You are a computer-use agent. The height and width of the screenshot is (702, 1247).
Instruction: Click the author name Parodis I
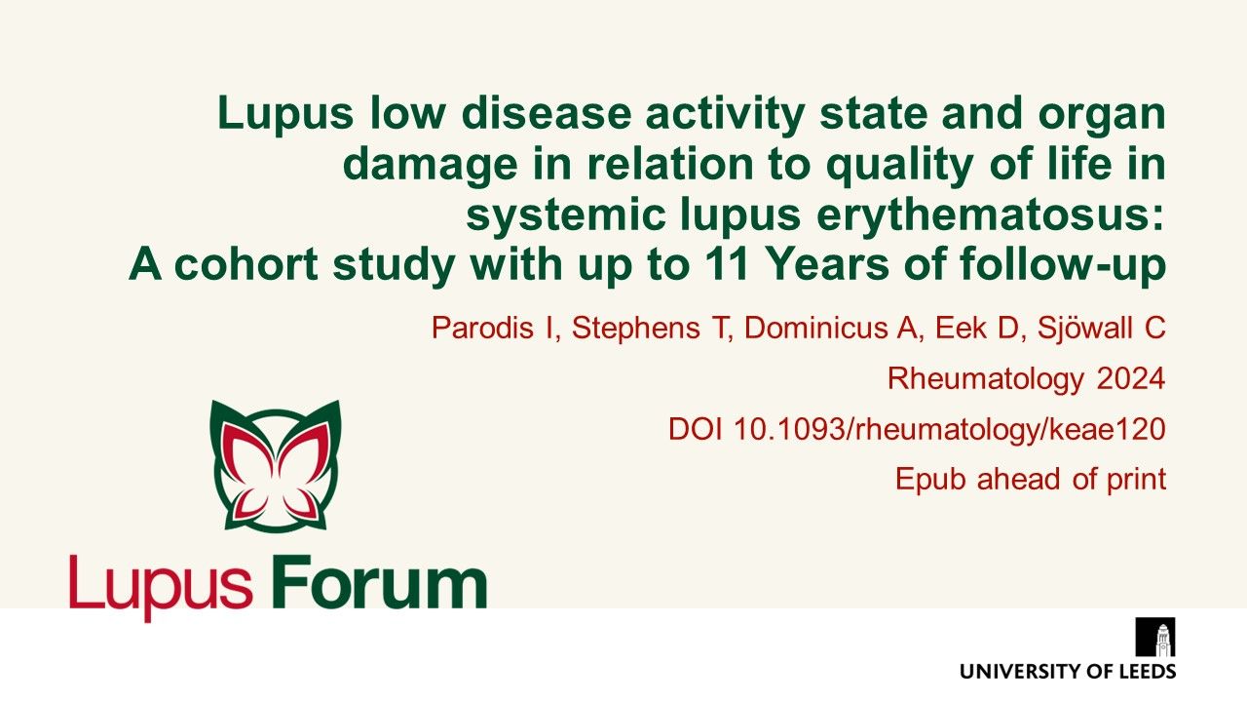point(496,329)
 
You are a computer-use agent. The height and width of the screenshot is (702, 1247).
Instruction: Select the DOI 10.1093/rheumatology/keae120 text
point(917,430)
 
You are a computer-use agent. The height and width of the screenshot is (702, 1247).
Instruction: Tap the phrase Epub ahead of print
point(1031,480)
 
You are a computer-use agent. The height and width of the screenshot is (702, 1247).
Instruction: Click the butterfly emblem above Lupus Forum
point(275,464)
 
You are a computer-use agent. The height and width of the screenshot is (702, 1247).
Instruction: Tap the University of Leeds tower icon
point(1155,638)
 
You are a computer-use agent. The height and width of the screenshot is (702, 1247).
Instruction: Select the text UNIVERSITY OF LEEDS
point(1068,671)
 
